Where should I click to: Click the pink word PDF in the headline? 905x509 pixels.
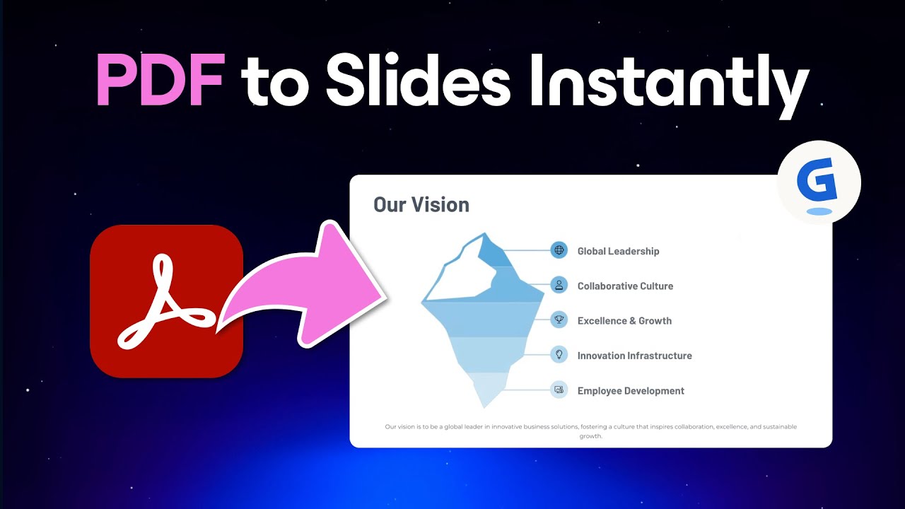(x=160, y=83)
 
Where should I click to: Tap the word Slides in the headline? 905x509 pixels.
(x=418, y=83)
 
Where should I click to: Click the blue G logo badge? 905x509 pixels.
(x=818, y=182)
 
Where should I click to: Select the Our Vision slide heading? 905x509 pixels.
(x=421, y=205)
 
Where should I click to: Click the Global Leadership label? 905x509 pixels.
(x=618, y=251)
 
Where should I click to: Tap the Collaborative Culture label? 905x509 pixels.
(x=625, y=286)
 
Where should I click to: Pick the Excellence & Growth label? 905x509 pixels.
(x=624, y=321)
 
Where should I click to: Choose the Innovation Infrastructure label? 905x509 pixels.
(x=634, y=356)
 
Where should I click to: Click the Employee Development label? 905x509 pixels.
(x=631, y=391)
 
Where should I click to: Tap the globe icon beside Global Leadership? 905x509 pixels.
(x=559, y=250)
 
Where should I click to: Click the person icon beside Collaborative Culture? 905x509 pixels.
(x=559, y=285)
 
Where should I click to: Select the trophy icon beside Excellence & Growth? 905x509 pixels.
(x=559, y=320)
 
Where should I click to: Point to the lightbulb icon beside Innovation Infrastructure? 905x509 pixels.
(x=559, y=355)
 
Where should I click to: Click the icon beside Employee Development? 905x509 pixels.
(x=559, y=390)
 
